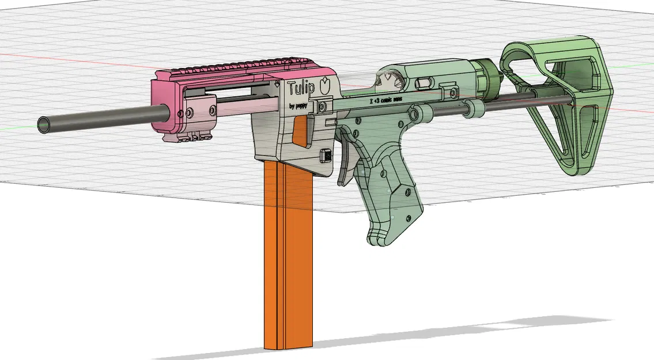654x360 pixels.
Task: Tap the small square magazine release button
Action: click(x=326, y=156)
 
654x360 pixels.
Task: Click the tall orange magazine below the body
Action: click(x=288, y=259)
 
